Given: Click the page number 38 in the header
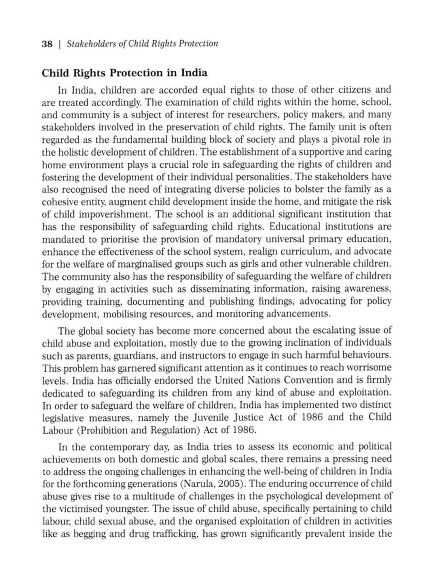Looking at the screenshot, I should (x=47, y=44).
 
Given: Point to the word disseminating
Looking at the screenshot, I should (x=219, y=289).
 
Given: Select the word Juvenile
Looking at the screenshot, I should (x=211, y=418).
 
